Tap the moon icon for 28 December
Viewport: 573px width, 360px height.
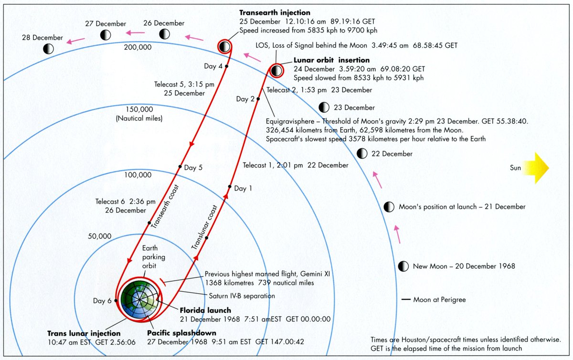tap(48, 48)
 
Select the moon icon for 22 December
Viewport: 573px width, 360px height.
tap(362, 154)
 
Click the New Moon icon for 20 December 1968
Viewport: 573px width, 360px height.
tap(403, 266)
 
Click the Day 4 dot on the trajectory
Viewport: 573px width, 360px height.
tap(226, 66)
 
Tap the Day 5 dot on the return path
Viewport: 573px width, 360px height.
tap(180, 167)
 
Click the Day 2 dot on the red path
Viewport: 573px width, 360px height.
tap(258, 99)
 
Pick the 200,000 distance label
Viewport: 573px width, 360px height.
tap(138, 47)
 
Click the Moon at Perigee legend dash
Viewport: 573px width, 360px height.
tap(406, 300)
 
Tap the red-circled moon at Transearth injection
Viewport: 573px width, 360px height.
tap(224, 46)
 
